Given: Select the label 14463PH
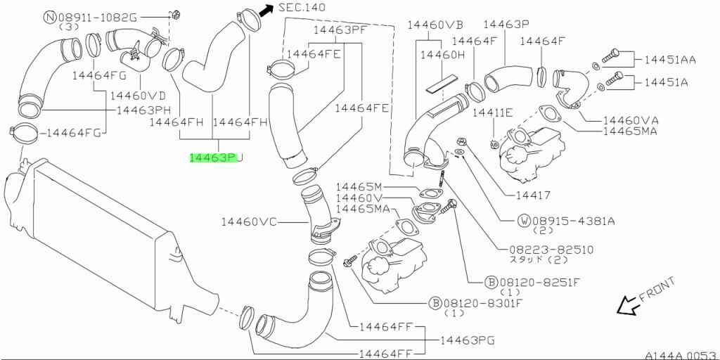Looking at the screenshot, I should tap(143, 110).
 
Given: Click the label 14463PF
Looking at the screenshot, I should tap(340, 30).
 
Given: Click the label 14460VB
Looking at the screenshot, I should tap(434, 25).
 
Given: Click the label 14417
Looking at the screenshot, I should tap(532, 195).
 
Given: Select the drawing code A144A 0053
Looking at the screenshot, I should tap(680, 354).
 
